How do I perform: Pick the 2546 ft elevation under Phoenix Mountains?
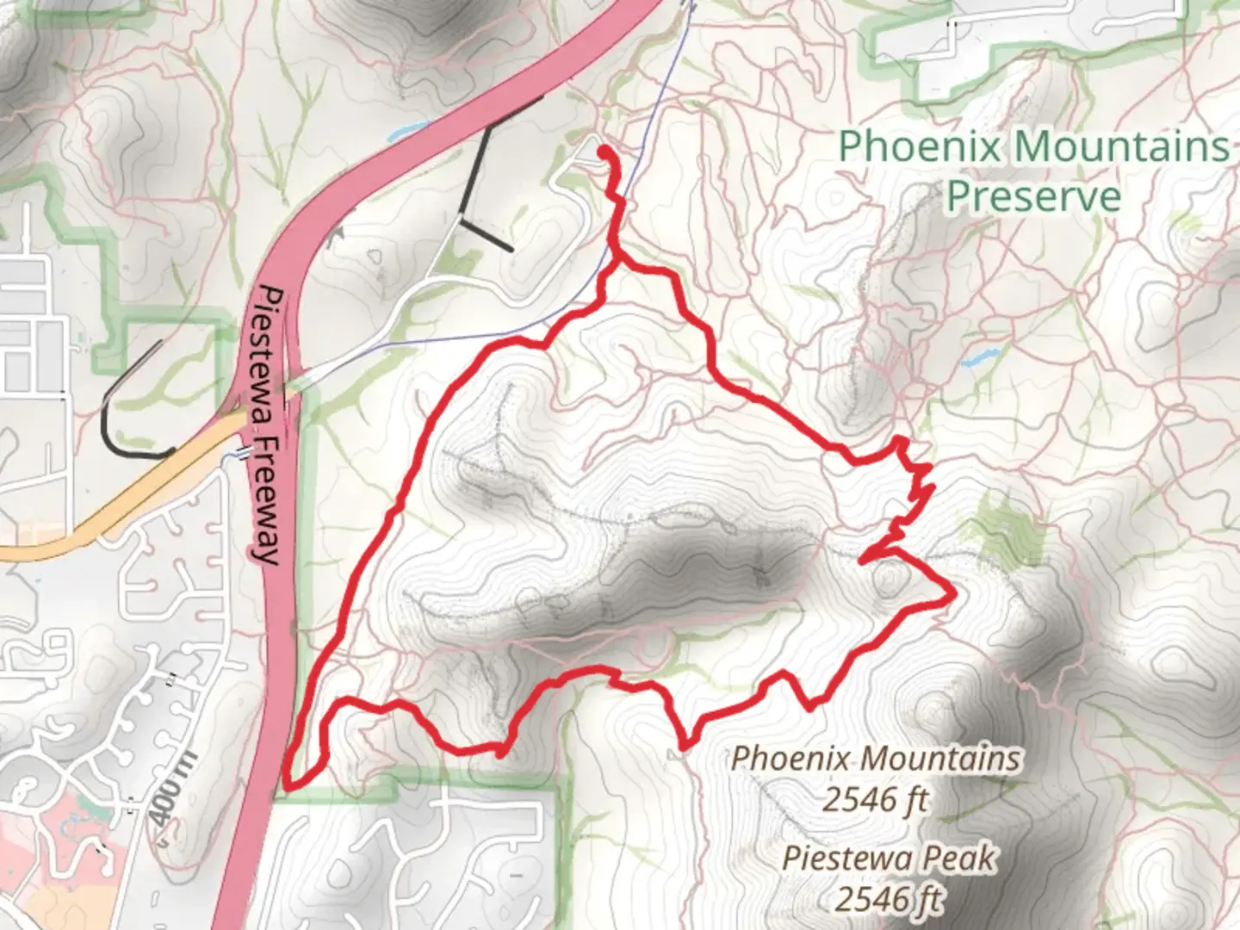(875, 800)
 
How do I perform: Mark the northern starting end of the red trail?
(604, 152)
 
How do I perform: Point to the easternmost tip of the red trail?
(953, 592)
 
